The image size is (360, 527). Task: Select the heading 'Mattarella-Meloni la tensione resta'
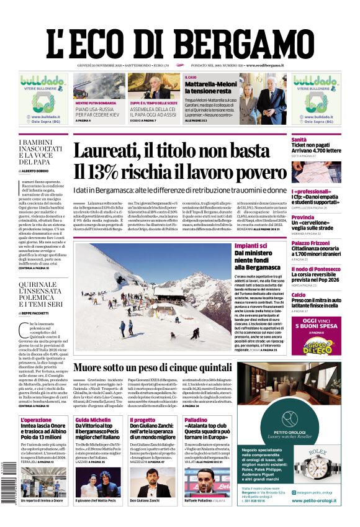(x=209, y=87)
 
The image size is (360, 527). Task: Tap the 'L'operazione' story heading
(x=36, y=420)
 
